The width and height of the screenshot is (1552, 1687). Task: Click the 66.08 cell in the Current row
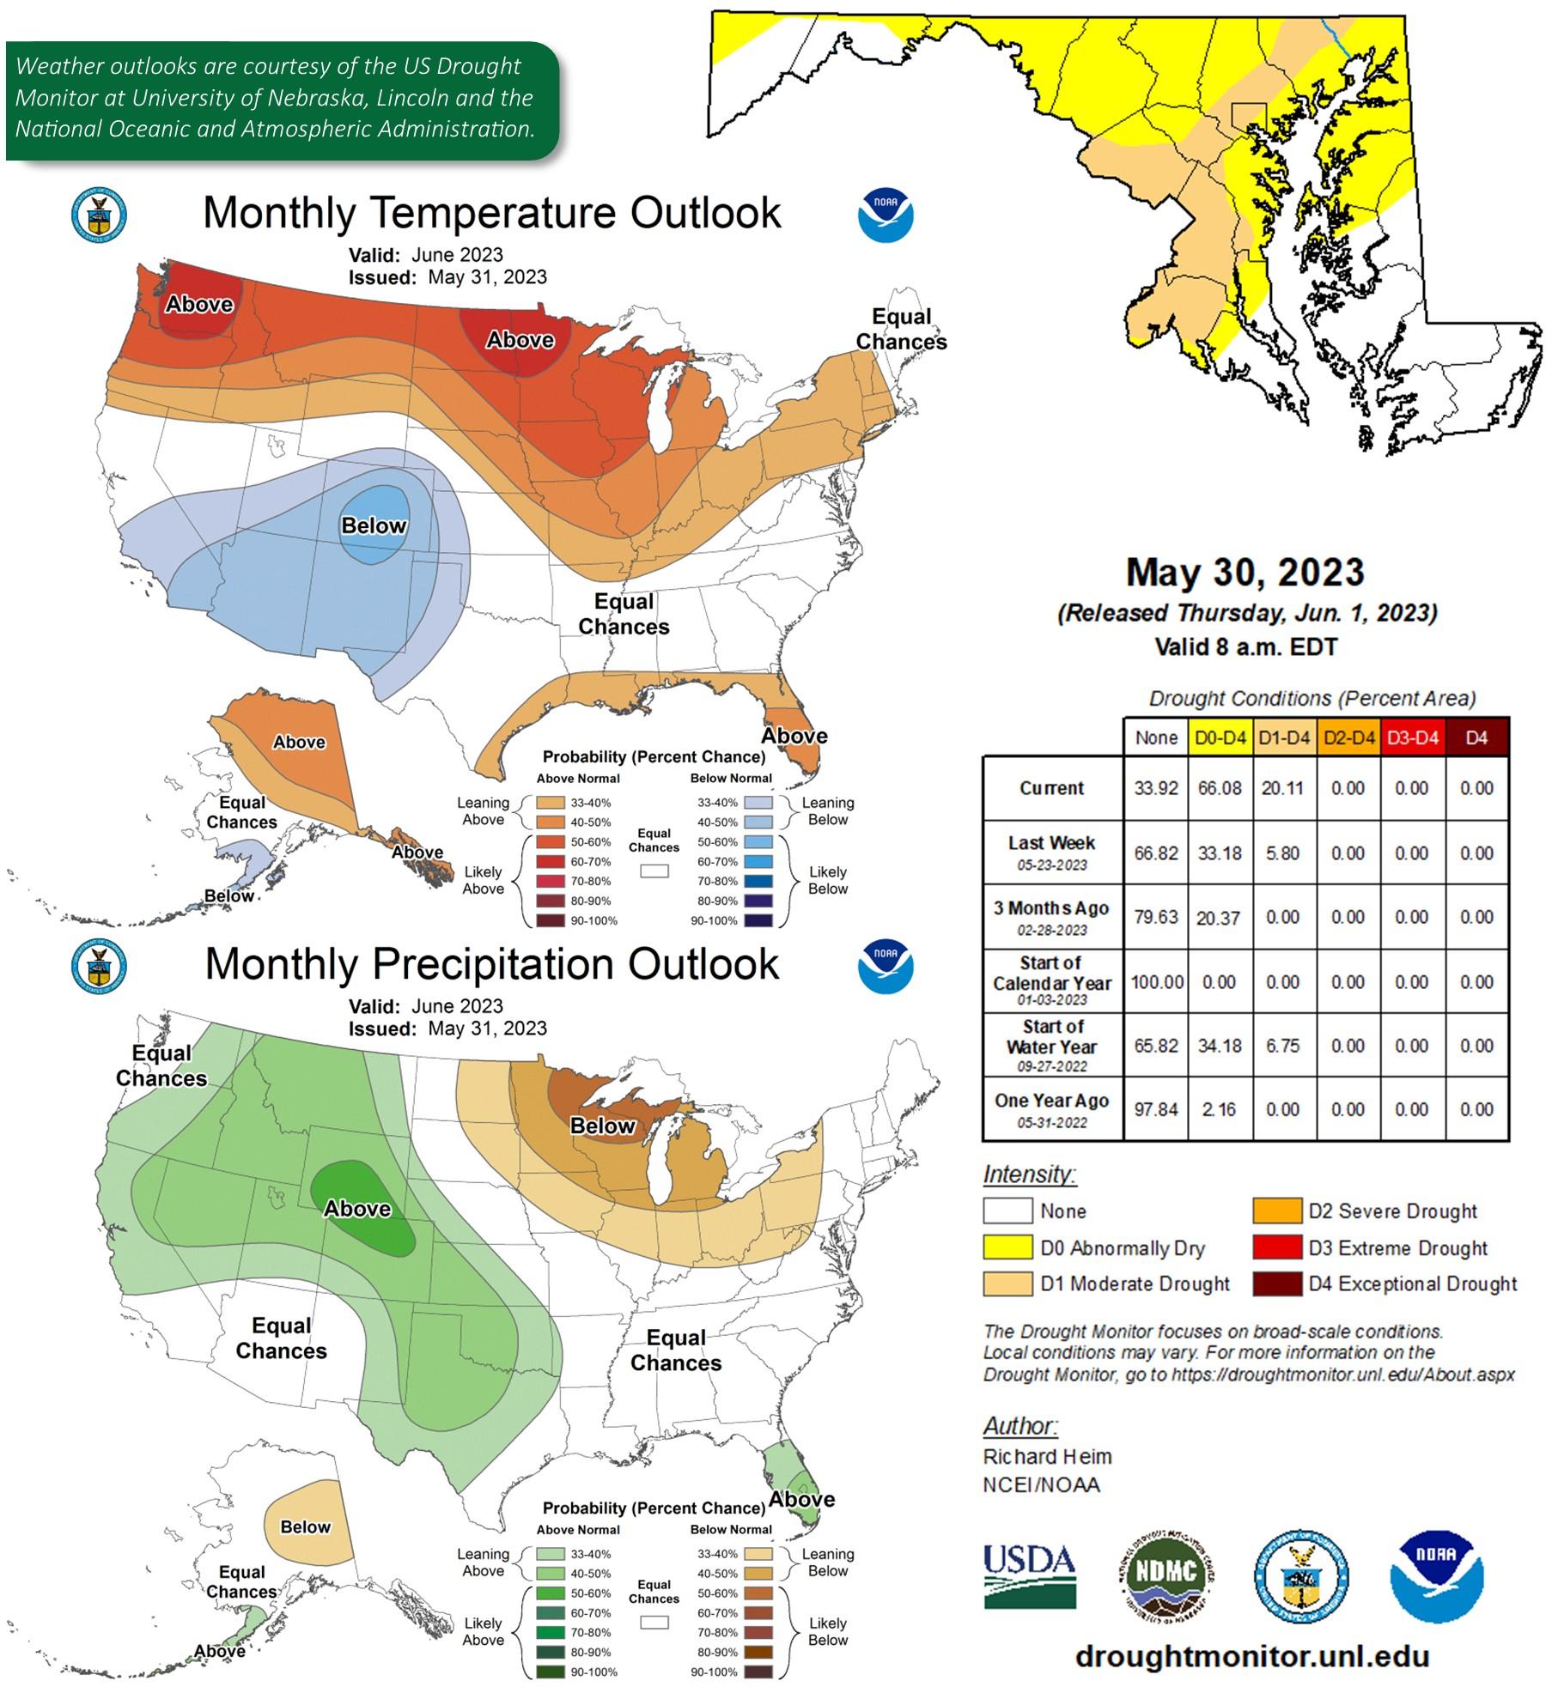coord(1220,788)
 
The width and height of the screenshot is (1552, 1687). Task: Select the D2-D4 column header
coord(1348,737)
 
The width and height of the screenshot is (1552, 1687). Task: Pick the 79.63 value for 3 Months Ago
coord(1155,917)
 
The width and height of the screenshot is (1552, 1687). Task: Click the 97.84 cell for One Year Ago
coord(1155,1109)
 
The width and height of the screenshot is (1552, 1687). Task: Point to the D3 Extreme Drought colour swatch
coord(1276,1247)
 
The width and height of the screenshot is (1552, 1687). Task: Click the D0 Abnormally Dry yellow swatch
coord(1007,1247)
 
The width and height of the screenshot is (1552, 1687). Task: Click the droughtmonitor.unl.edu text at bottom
coord(1251,1656)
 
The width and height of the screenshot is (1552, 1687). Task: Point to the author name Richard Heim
coord(1047,1456)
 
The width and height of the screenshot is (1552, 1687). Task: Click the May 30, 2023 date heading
coord(1245,573)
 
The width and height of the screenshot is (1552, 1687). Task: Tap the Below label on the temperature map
coord(374,525)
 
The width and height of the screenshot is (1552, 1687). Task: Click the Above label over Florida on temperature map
coord(794,736)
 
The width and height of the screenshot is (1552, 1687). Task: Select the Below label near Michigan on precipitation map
coord(602,1126)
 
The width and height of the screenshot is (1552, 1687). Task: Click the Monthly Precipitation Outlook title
coord(491,964)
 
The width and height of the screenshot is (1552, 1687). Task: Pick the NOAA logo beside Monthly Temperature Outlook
coord(886,215)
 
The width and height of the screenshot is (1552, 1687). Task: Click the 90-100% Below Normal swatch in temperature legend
coord(760,920)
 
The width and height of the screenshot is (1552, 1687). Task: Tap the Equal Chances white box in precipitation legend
coord(654,1622)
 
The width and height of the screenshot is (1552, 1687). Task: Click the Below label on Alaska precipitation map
coord(305,1526)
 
